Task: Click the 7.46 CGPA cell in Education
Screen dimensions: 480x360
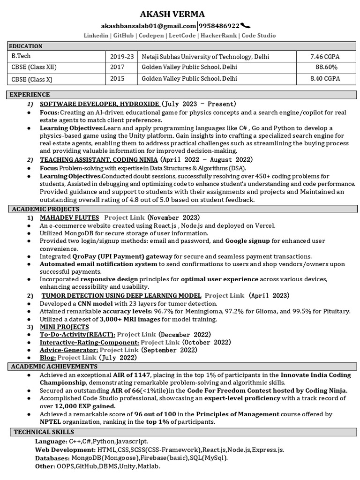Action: (x=325, y=57)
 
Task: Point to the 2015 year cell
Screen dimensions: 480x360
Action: (x=117, y=79)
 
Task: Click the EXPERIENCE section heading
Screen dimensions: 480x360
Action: (x=30, y=95)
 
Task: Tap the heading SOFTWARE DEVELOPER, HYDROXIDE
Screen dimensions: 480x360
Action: (x=99, y=104)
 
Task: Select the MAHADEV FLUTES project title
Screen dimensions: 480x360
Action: (x=69, y=217)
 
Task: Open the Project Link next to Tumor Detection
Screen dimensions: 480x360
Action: (x=224, y=296)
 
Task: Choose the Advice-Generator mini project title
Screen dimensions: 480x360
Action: (x=69, y=350)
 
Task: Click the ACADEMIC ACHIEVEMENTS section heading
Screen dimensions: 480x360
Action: (x=54, y=366)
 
